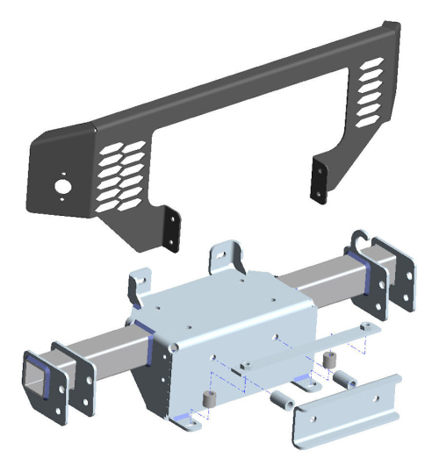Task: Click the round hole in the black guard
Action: [x=62, y=186]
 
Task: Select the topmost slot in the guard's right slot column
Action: [x=369, y=64]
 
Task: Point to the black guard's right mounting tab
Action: [x=318, y=179]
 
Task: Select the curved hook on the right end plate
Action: [x=361, y=238]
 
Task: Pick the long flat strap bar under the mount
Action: [x=290, y=351]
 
